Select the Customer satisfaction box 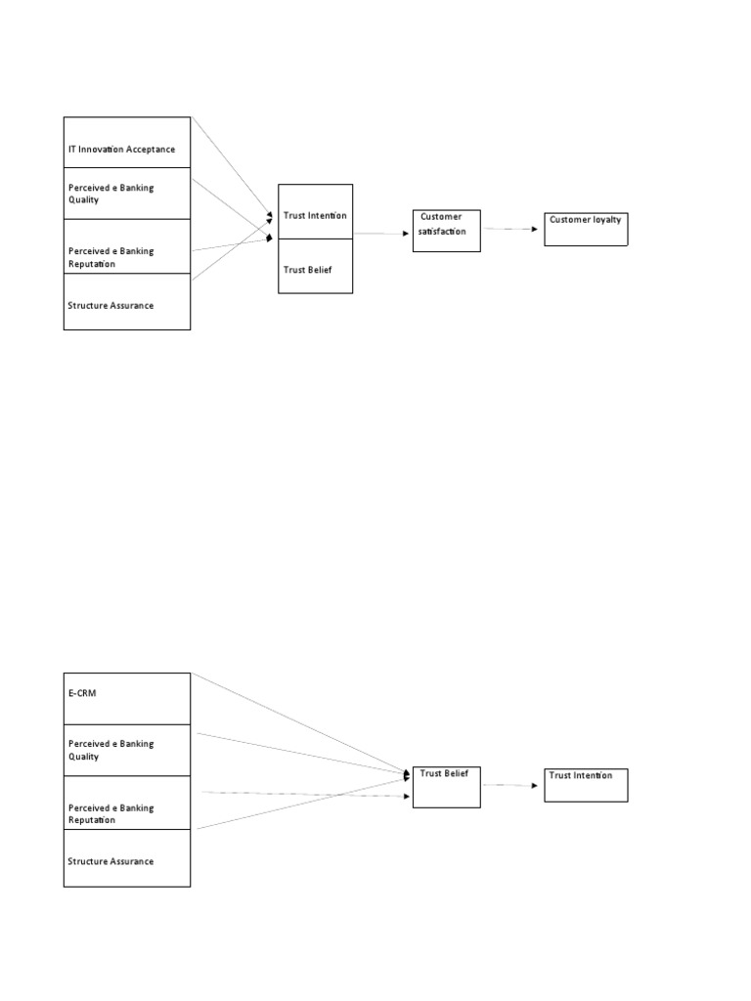click(446, 231)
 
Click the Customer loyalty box click(585, 229)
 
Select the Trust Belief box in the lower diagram click(446, 787)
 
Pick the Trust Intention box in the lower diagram click(585, 785)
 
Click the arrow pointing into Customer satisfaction click(381, 234)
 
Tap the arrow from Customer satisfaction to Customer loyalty click(511, 229)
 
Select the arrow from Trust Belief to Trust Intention click(511, 785)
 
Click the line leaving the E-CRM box click(293, 720)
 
